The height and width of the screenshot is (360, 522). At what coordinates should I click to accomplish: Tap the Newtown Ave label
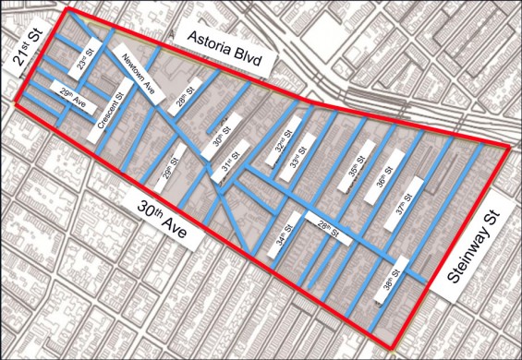[141, 78]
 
